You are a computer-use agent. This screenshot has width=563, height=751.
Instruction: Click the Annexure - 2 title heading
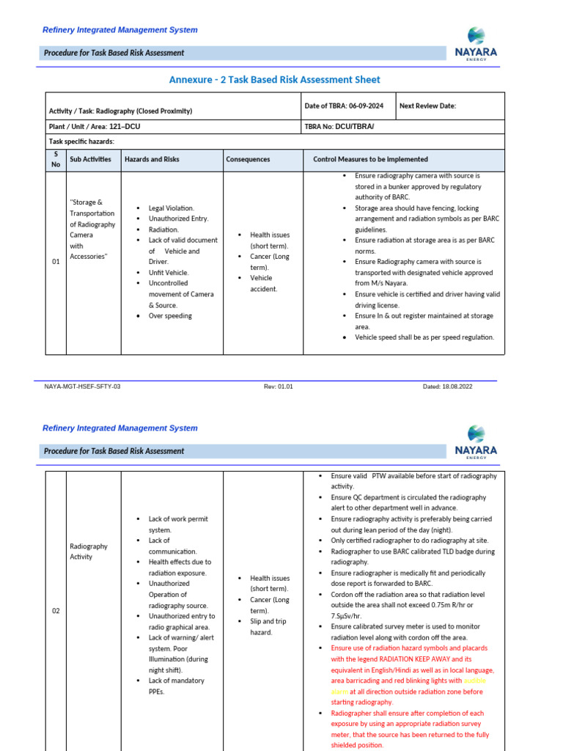pyautogui.click(x=275, y=79)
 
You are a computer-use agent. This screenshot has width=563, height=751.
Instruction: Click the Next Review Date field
pyautogui.click(x=427, y=106)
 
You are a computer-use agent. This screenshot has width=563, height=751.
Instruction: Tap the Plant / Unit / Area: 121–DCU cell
pyautogui.click(x=95, y=127)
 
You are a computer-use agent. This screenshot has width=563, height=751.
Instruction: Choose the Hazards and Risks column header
pyautogui.click(x=152, y=159)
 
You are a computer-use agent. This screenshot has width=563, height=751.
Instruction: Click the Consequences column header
pyautogui.click(x=248, y=159)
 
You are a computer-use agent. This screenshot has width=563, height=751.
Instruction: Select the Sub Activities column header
pyautogui.click(x=91, y=159)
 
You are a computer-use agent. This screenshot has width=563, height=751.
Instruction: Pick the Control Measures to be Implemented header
pyautogui.click(x=370, y=159)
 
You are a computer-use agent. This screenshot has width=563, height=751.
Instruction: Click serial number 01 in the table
pyautogui.click(x=56, y=262)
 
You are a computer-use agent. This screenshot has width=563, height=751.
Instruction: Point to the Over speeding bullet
pyautogui.click(x=170, y=316)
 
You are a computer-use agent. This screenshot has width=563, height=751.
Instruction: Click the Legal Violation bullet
pyautogui.click(x=171, y=208)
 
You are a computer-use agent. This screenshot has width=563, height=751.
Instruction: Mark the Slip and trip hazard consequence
pyautogui.click(x=268, y=626)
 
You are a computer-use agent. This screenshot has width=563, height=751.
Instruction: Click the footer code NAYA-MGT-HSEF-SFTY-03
pyautogui.click(x=82, y=387)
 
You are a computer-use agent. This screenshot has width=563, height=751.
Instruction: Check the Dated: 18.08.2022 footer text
pyautogui.click(x=448, y=387)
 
